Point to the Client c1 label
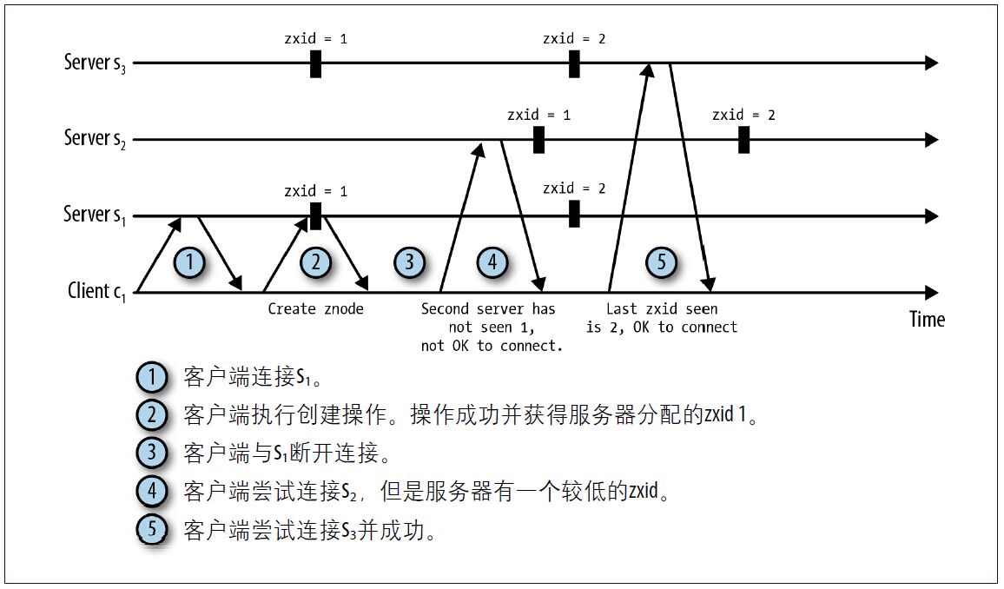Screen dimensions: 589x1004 click(96, 291)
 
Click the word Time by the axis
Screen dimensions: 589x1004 click(926, 319)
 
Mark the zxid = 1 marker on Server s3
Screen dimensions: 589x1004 click(315, 63)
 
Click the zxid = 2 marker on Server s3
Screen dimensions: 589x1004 click(574, 63)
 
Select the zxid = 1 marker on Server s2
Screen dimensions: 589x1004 click(538, 139)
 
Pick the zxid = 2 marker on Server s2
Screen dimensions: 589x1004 click(743, 139)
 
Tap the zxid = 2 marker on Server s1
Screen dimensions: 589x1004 click(573, 215)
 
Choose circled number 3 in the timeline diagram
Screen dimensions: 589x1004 click(409, 261)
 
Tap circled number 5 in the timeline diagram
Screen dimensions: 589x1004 click(662, 261)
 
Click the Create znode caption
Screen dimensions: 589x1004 click(315, 308)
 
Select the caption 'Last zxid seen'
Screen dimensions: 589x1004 click(662, 308)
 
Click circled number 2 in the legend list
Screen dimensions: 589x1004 click(152, 415)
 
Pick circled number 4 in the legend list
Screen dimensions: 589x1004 click(152, 492)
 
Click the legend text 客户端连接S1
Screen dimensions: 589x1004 click(244, 378)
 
